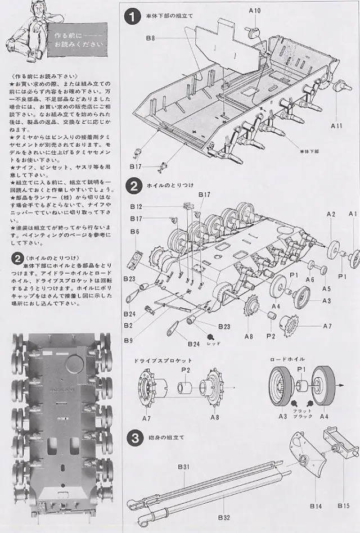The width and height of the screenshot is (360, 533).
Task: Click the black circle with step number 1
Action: pyautogui.click(x=132, y=17)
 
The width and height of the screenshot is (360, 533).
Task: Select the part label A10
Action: pyautogui.click(x=255, y=11)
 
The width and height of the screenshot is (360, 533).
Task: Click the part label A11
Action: pyautogui.click(x=336, y=124)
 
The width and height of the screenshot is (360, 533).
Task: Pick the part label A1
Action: pyautogui.click(x=353, y=214)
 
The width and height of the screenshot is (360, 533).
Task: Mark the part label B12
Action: pyautogui.click(x=136, y=207)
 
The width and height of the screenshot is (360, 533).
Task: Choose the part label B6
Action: pyautogui.click(x=134, y=232)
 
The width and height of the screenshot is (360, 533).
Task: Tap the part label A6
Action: pyautogui.click(x=310, y=279)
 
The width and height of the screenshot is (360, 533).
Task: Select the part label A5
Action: pyautogui.click(x=326, y=288)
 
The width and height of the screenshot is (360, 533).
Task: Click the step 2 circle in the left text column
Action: pyautogui.click(x=16, y=259)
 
